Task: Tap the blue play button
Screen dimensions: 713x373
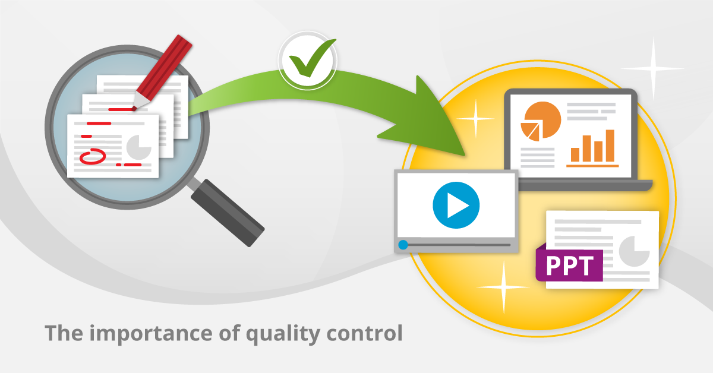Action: pos(456,206)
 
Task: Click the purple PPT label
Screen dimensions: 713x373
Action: pos(569,264)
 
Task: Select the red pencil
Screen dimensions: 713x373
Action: pos(162,72)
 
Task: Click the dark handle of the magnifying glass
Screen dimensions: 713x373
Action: pos(228,213)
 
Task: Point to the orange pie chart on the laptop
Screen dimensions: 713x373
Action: pos(541,121)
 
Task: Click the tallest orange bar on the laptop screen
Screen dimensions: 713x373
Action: pos(610,146)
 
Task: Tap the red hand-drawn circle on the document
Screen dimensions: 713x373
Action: pos(93,156)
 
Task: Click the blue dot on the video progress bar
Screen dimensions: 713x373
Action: pos(403,245)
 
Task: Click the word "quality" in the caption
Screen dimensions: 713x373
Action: pos(283,334)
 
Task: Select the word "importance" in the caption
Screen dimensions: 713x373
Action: pos(152,334)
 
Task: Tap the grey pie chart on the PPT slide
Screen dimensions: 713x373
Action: pos(634,251)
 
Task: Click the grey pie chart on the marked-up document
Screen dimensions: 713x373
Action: pos(139,147)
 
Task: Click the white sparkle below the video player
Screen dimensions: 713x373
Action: pos(504,287)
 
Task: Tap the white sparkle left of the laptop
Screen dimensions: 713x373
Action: pos(475,119)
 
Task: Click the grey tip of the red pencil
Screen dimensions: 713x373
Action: pos(140,101)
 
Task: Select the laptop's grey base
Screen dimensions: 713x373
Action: pos(585,185)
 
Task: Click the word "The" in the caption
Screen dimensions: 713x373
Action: pos(64,333)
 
